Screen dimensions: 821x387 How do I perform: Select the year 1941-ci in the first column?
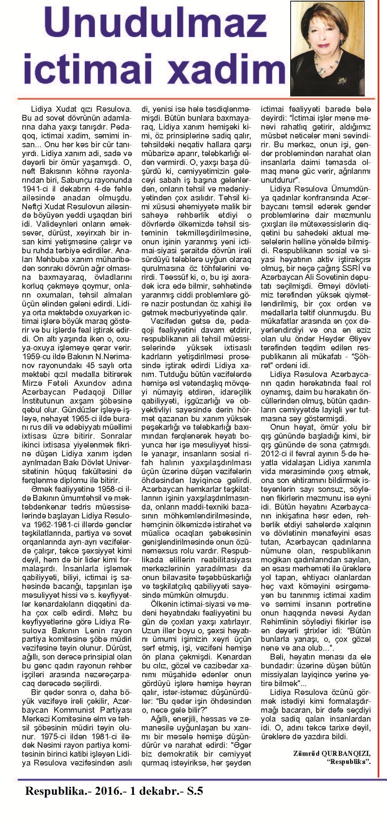point(37,189)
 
